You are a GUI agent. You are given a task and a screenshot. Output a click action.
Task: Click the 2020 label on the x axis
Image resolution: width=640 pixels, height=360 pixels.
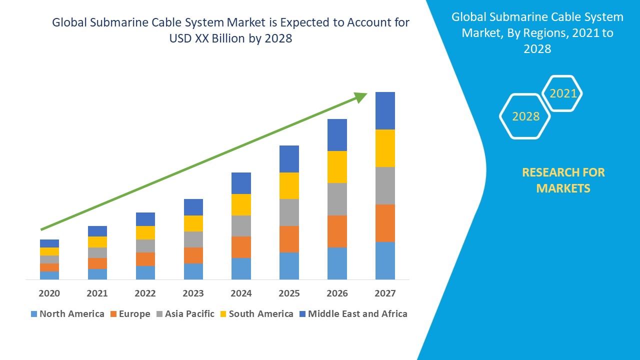(x=49, y=293)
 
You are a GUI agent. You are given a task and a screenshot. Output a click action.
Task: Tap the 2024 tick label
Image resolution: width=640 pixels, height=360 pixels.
(x=241, y=293)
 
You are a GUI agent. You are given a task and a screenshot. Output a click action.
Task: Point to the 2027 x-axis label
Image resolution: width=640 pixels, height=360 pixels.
(x=385, y=293)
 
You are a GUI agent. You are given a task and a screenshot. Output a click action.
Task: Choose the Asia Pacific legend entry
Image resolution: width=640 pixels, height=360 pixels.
(x=185, y=314)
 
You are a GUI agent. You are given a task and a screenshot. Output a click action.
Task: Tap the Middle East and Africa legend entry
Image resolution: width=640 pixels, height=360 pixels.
(x=353, y=314)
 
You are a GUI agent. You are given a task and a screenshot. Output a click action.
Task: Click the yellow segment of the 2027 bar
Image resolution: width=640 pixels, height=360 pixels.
(x=385, y=148)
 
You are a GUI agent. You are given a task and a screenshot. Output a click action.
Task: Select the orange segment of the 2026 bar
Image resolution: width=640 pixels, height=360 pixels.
(x=337, y=231)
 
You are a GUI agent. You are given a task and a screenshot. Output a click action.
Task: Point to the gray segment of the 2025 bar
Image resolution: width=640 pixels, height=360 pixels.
(x=289, y=212)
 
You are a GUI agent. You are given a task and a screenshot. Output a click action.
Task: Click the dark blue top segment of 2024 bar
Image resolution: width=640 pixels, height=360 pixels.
(x=241, y=183)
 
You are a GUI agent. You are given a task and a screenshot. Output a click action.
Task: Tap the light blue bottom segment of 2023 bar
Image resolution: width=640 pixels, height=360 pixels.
(x=193, y=271)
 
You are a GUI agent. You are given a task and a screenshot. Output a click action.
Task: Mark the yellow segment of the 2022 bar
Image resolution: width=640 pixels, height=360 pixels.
(x=145, y=232)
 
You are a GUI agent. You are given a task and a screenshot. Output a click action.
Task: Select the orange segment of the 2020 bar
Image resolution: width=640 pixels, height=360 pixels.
(x=49, y=267)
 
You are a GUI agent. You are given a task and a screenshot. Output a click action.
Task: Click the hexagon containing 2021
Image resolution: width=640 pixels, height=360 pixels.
(x=562, y=93)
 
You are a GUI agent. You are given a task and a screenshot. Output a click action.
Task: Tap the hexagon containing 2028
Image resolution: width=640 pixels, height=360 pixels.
(x=525, y=116)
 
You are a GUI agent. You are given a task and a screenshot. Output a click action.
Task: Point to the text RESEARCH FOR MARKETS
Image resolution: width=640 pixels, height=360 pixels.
(x=563, y=180)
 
